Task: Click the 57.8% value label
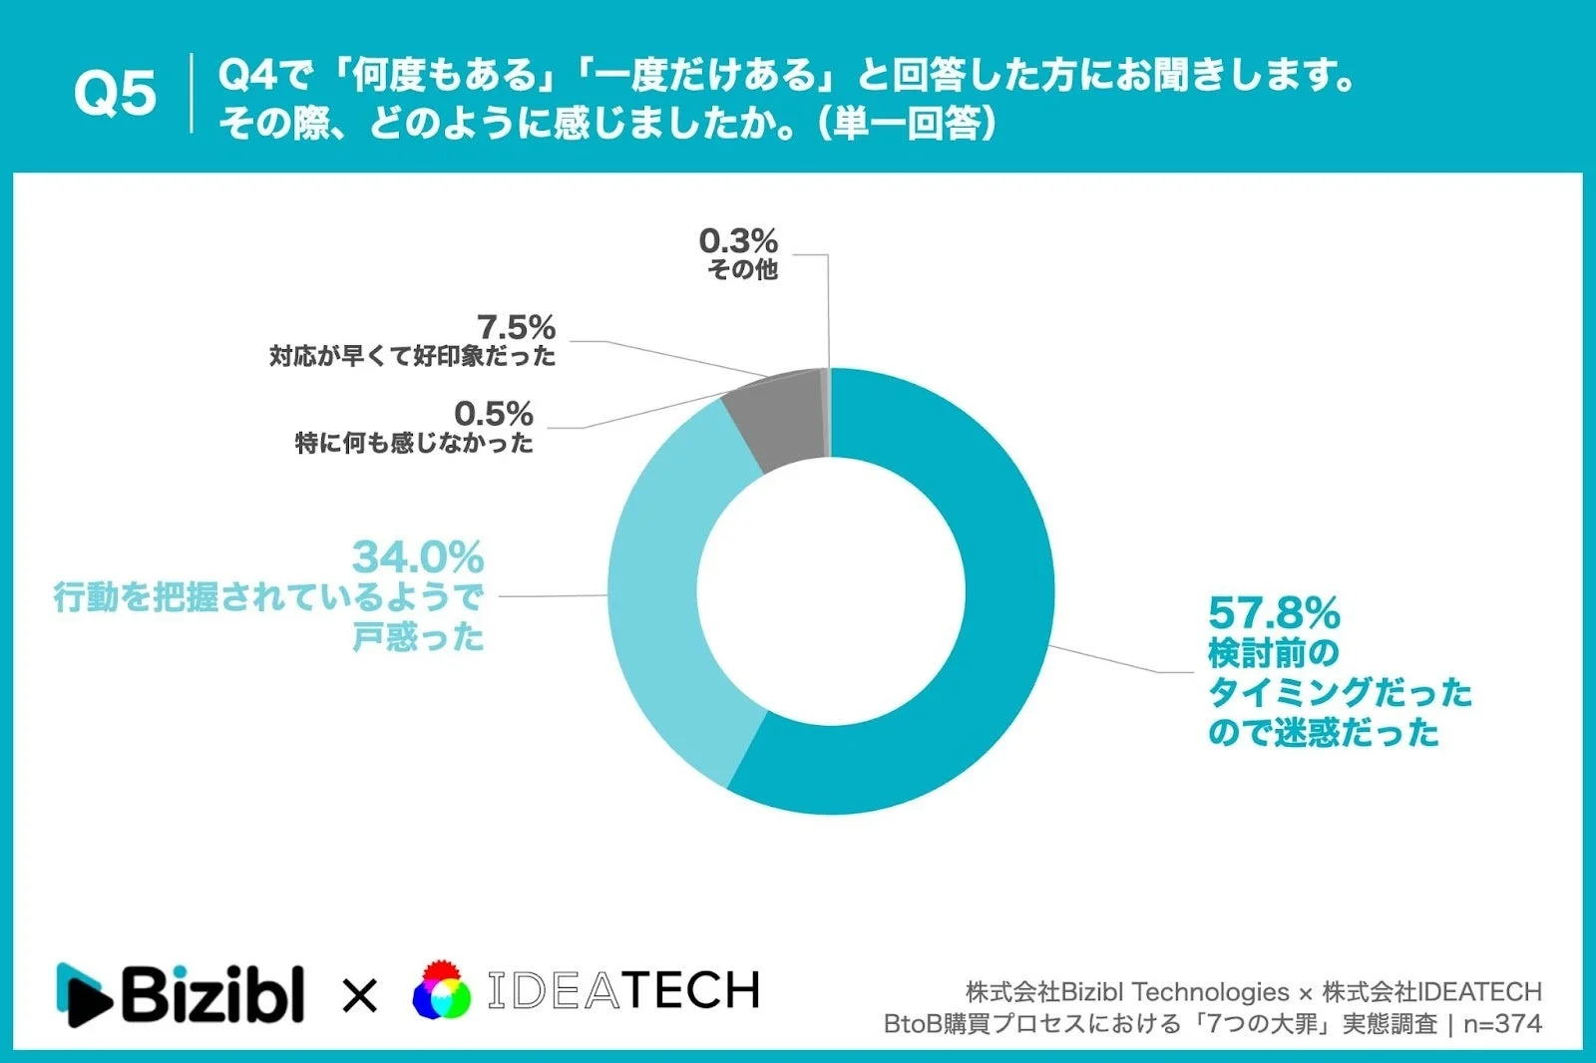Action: (x=1274, y=613)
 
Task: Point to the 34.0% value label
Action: (x=418, y=557)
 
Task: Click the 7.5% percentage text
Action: (x=516, y=327)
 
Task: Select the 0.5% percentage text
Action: (x=494, y=413)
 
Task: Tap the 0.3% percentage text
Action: (x=737, y=240)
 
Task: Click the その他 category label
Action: (x=742, y=269)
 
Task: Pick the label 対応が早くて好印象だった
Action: (x=412, y=356)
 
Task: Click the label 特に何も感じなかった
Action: (x=414, y=443)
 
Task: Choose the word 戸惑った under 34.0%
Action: (x=418, y=637)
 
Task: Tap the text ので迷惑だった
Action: (x=1324, y=733)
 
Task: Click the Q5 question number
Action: (x=115, y=94)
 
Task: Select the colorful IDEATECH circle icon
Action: (x=442, y=991)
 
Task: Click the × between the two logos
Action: (x=359, y=995)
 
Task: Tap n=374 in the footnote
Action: (x=1502, y=1024)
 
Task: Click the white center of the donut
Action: (x=831, y=590)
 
